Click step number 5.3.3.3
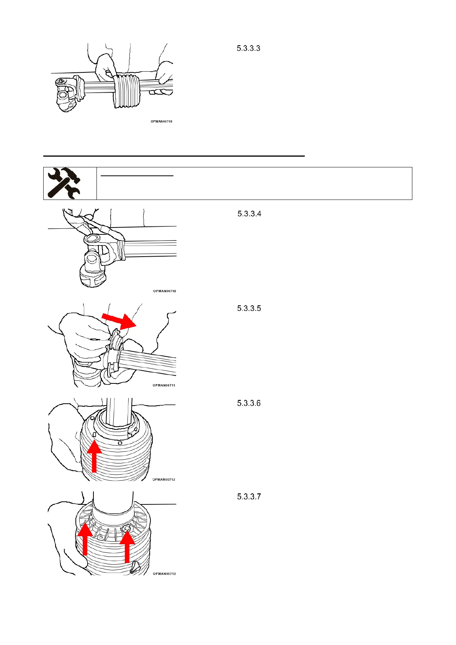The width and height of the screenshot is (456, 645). coord(248,48)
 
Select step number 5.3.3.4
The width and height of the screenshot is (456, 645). coord(249,214)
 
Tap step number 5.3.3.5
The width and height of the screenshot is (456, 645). coord(249,308)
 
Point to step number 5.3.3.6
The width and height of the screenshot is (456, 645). coord(249,403)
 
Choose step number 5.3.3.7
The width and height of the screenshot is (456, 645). coord(249,497)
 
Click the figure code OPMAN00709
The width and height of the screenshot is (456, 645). coord(161,121)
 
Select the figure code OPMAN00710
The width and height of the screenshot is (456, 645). coord(165,291)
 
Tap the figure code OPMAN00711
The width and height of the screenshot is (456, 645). coord(164,385)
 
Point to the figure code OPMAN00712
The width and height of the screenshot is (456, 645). coord(164,480)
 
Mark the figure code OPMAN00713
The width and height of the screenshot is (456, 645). coord(164,574)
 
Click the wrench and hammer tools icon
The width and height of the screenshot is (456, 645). coord(64,183)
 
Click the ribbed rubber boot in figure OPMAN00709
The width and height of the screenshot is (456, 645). coord(127,91)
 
